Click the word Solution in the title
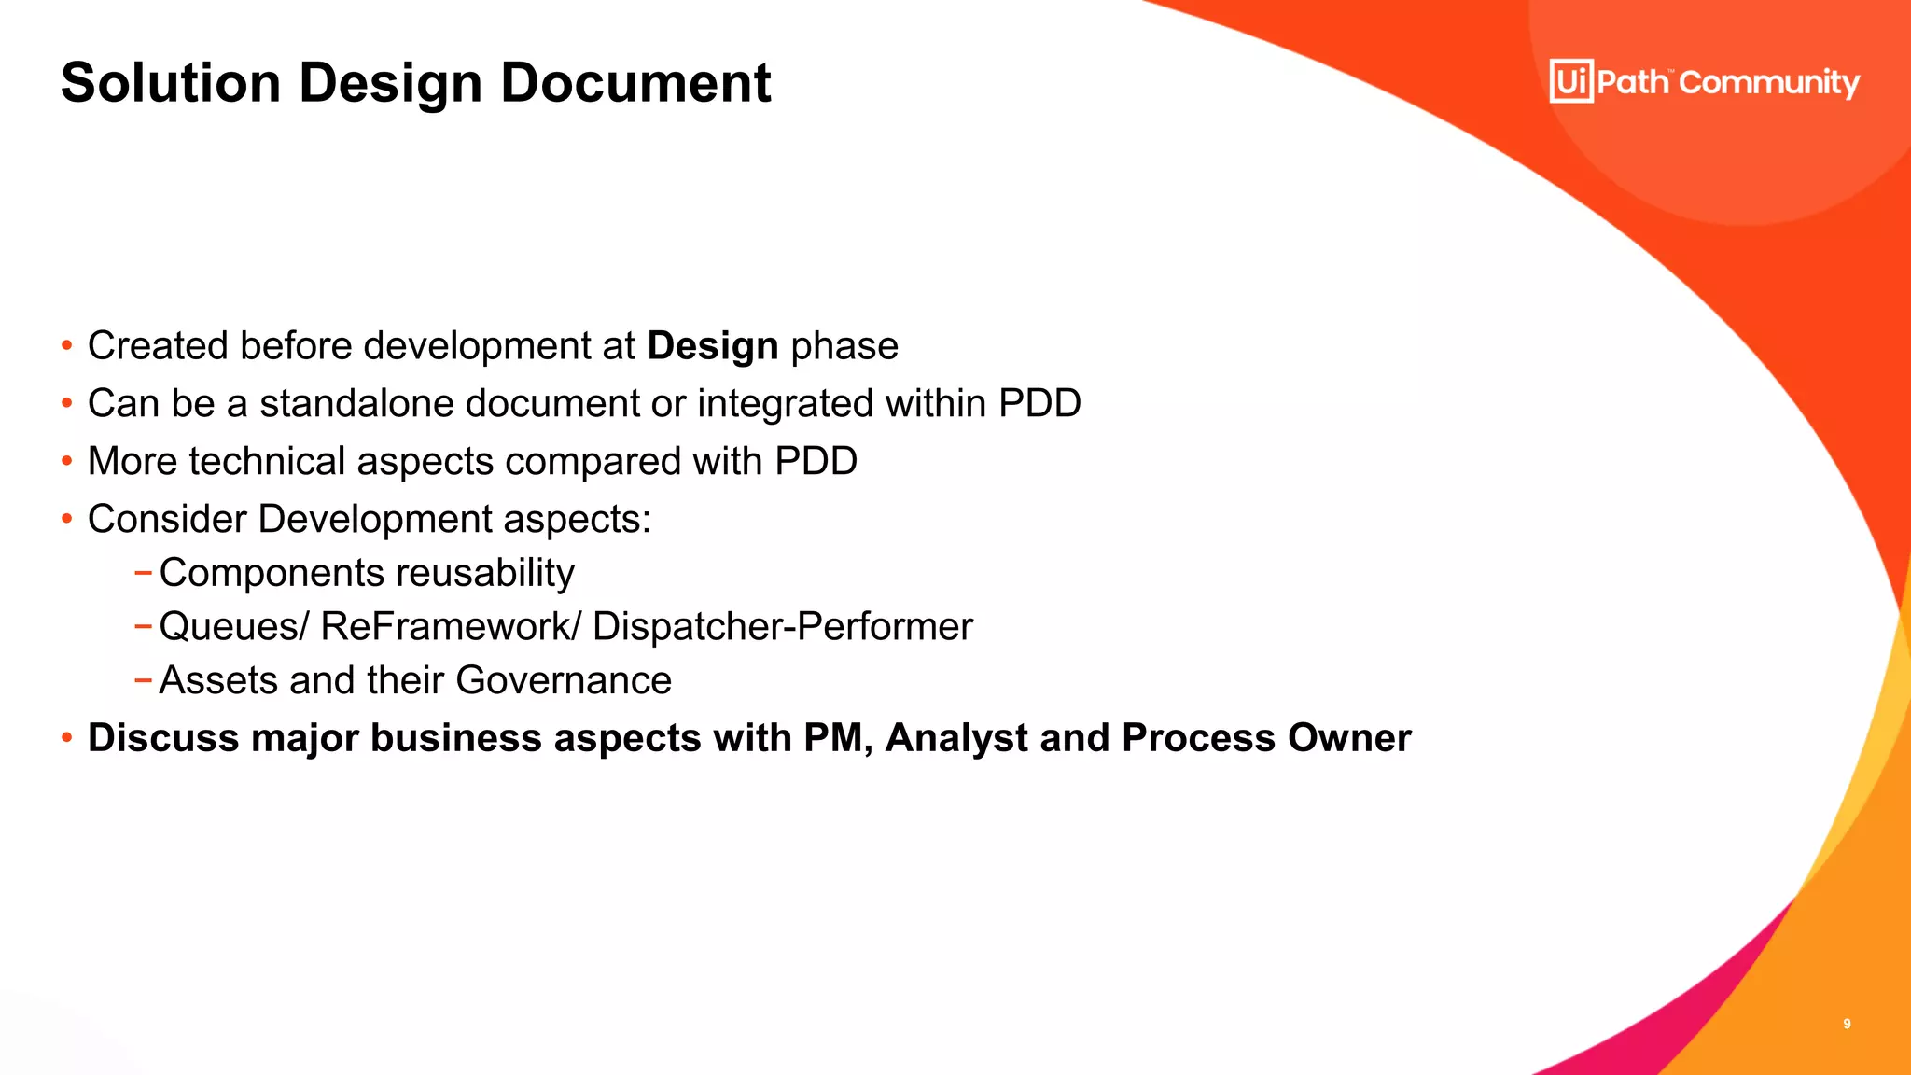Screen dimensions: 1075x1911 (171, 82)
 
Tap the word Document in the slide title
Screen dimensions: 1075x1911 (635, 82)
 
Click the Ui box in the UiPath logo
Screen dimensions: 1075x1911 (1571, 81)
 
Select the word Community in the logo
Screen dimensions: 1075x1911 (1769, 83)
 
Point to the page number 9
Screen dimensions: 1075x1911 (1847, 1024)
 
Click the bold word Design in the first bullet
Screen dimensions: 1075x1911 (713, 346)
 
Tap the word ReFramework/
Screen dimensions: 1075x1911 (451, 627)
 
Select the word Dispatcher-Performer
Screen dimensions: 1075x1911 (782, 627)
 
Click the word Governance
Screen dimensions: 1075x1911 (564, 680)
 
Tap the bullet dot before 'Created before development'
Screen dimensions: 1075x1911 (66, 346)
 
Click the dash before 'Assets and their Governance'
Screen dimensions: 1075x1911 (143, 680)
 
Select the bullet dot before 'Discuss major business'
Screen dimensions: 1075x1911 (66, 738)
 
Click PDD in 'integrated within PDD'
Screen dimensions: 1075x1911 (1039, 404)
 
